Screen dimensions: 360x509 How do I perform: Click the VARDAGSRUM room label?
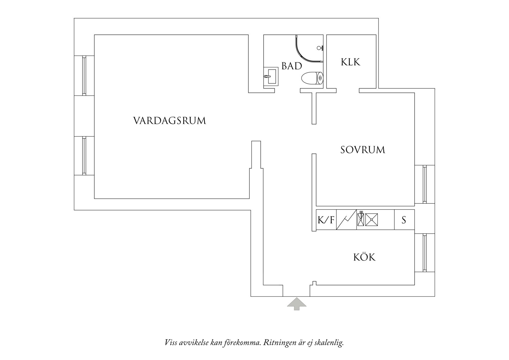point(169,120)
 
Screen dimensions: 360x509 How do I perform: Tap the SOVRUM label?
point(363,150)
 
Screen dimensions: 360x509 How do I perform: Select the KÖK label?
point(364,257)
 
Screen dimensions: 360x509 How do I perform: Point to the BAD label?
point(292,66)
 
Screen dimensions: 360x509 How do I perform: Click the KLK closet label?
point(351,62)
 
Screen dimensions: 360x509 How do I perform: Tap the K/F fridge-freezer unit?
point(326,220)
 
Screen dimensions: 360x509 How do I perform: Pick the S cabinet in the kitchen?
point(404,220)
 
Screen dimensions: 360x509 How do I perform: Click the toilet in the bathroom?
point(312,78)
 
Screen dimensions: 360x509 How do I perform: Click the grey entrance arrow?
point(297,304)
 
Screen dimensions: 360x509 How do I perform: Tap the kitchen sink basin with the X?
point(372,220)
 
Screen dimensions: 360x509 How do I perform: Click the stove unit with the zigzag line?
point(346,220)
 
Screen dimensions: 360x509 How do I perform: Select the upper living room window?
point(84,75)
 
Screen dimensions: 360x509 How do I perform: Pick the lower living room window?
point(84,156)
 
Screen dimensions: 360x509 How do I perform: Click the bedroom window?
point(425,184)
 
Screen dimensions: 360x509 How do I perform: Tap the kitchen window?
point(425,253)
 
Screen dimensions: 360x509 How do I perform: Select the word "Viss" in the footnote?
point(171,343)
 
